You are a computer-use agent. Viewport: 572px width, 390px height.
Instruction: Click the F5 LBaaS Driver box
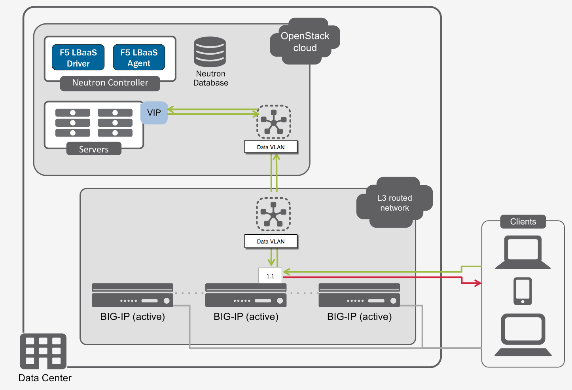click(x=78, y=57)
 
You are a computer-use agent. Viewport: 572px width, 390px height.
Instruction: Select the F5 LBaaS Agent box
click(x=139, y=57)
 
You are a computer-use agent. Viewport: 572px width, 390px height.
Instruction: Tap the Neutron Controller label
click(x=110, y=83)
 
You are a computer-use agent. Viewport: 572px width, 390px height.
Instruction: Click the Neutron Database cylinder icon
click(x=210, y=52)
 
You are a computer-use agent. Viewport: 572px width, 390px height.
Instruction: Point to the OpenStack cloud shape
click(x=305, y=42)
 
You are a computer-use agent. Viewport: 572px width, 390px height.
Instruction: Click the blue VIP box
click(x=154, y=113)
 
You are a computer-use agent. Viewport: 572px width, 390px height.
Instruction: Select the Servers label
click(x=94, y=149)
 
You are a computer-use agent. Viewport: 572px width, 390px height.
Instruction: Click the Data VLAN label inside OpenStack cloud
click(x=271, y=147)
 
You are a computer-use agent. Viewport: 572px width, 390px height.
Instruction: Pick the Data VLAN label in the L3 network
click(x=271, y=241)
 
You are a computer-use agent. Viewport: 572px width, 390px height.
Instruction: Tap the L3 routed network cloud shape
click(x=394, y=203)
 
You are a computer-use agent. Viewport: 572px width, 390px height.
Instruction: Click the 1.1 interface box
click(x=270, y=276)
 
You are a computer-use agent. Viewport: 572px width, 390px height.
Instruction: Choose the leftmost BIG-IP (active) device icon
click(x=133, y=295)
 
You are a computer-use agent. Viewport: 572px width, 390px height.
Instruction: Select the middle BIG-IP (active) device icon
click(x=246, y=295)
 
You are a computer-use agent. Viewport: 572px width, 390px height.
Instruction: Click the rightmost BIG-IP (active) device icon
click(x=359, y=295)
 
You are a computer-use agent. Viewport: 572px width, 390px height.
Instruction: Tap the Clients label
click(x=523, y=222)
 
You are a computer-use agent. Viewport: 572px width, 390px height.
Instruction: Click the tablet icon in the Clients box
click(x=523, y=291)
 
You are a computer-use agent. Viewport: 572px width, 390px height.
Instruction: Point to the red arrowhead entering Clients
click(x=478, y=283)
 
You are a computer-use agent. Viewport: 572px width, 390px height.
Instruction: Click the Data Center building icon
click(x=43, y=351)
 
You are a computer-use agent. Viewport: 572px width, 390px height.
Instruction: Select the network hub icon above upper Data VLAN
click(x=274, y=122)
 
